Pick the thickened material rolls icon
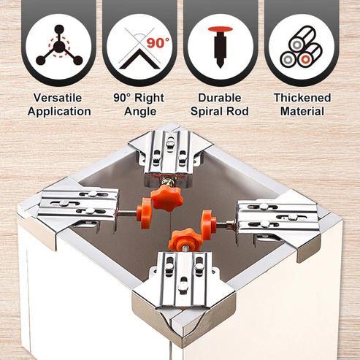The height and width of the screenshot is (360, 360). click(x=302, y=49)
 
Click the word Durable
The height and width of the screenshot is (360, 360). click(x=220, y=97)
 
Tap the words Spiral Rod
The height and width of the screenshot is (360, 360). click(x=220, y=112)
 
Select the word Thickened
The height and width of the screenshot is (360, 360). click(x=302, y=97)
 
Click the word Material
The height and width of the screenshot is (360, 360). click(x=302, y=112)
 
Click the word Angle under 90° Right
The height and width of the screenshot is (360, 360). click(x=139, y=112)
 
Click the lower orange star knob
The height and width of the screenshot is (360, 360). click(x=184, y=240)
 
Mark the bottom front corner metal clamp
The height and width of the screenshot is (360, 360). click(x=183, y=288)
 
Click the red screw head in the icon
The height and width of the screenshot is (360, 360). click(x=220, y=31)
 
